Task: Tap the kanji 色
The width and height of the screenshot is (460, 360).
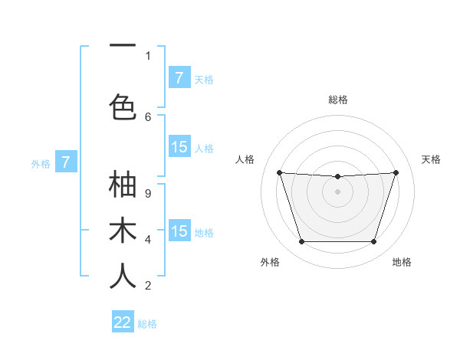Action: (123, 107)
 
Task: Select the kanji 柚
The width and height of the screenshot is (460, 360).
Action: (123, 185)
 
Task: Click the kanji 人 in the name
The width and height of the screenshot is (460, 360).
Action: (123, 277)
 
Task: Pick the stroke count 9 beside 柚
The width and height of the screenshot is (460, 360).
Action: (148, 194)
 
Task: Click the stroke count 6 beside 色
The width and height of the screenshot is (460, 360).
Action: (148, 116)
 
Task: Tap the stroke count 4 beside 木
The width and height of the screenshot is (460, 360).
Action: (148, 240)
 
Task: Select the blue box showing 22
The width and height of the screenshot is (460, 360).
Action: (123, 322)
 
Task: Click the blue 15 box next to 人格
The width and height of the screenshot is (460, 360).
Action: (179, 148)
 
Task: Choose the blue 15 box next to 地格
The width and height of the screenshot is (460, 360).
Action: (179, 231)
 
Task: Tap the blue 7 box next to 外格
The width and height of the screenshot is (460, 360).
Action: (66, 162)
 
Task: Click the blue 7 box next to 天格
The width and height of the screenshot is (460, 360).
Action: (179, 78)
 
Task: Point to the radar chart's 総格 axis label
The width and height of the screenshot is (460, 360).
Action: (338, 100)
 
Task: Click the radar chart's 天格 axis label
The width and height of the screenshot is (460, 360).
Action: (432, 159)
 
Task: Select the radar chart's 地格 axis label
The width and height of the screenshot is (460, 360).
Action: (402, 262)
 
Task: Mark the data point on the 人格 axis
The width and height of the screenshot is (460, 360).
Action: (279, 172)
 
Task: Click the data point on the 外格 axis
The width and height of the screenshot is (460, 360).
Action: (301, 242)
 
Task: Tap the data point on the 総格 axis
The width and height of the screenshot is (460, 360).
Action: (337, 177)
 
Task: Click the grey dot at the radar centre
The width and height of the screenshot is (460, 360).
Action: (337, 191)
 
